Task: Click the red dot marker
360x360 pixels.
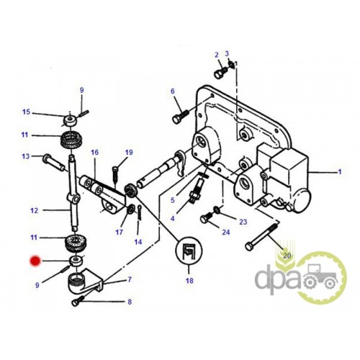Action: (35, 261)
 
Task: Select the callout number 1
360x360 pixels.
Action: (340, 172)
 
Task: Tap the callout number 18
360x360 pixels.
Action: (189, 280)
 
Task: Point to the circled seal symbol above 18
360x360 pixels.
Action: (189, 251)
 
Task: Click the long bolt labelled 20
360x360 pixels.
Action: (261, 236)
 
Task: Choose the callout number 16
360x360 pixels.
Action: (94, 153)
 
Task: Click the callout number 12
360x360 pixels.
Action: (35, 210)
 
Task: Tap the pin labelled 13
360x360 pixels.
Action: (53, 163)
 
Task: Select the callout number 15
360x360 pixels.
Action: (26, 112)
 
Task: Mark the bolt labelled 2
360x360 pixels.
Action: (220, 71)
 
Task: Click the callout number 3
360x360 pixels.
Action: (227, 53)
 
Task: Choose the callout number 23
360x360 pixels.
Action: (243, 222)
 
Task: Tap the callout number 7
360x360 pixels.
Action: (130, 279)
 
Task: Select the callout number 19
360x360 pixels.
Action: (129, 153)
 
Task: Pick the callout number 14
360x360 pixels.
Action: (138, 242)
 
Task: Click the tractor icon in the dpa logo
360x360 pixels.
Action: (320, 276)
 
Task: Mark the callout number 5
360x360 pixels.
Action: (173, 200)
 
